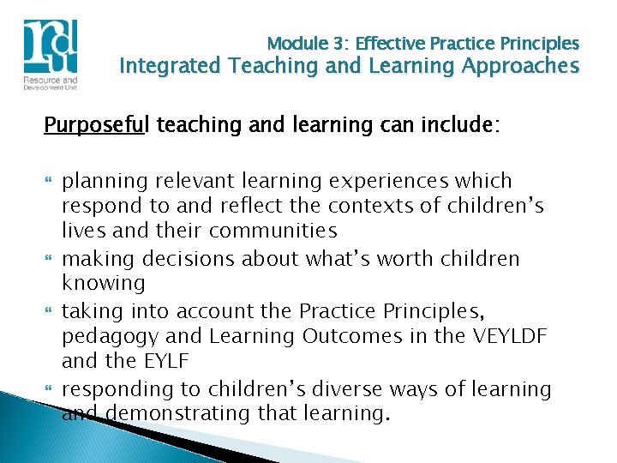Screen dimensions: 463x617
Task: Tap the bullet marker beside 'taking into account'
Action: (48, 311)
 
